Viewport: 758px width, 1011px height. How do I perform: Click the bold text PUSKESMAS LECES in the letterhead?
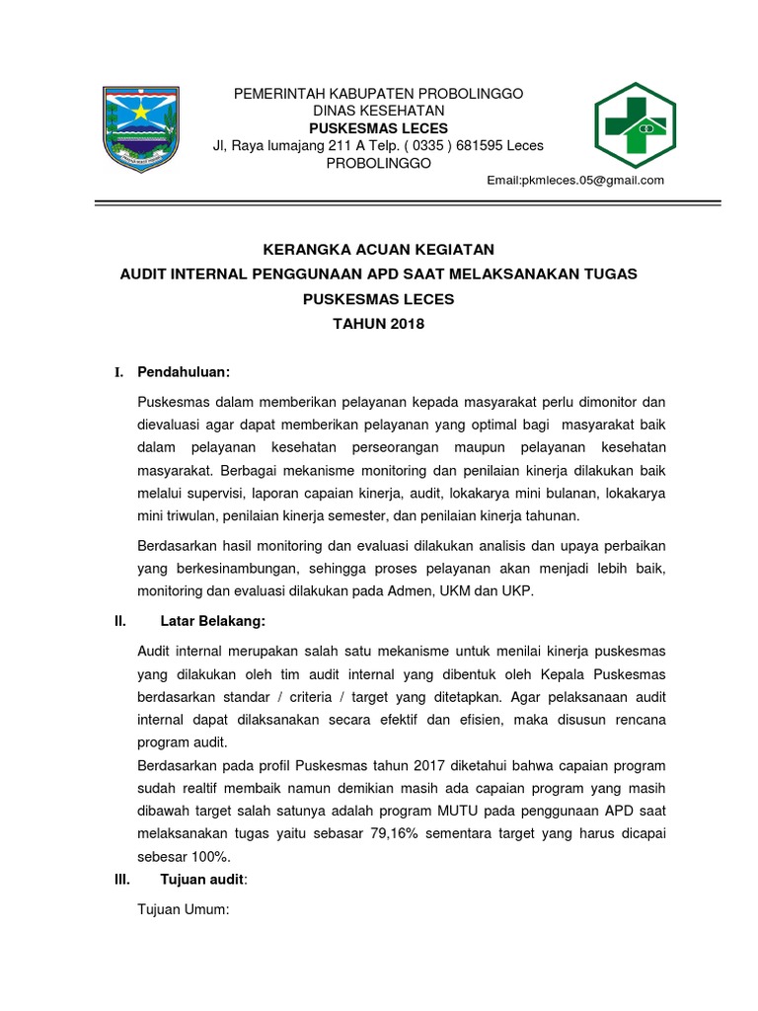tap(378, 128)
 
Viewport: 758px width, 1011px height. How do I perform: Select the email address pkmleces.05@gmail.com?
tap(576, 181)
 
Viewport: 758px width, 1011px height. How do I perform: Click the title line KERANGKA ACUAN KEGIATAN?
tap(378, 248)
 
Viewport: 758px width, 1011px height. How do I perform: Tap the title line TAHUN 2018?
tap(378, 324)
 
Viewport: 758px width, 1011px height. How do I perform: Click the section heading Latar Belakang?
tap(213, 622)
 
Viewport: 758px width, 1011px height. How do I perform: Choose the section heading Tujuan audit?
tap(203, 880)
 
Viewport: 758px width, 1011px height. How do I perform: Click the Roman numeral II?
tap(120, 622)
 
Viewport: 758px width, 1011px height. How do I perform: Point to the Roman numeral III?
tap(122, 880)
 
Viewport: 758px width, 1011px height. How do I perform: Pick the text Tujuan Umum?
tap(184, 912)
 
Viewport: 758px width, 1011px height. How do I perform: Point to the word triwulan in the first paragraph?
tap(192, 515)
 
